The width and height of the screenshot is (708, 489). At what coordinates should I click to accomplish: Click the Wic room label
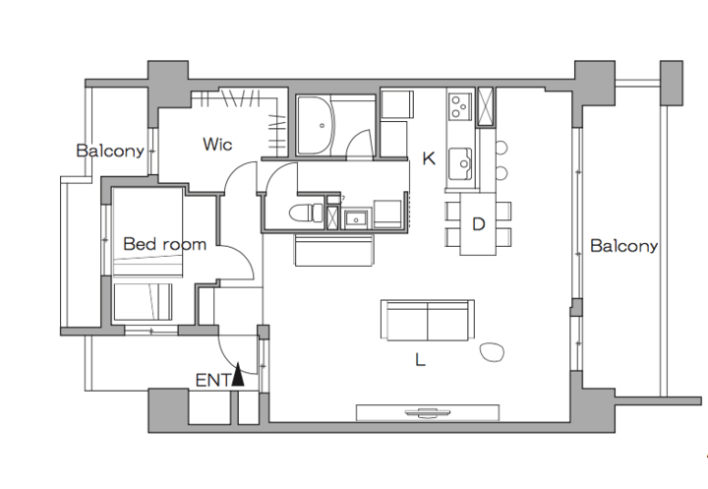[217, 145]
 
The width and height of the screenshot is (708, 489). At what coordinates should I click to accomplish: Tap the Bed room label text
[165, 244]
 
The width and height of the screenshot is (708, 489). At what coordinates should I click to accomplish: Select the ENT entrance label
[213, 381]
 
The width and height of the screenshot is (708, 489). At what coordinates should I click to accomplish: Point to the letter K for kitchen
[429, 158]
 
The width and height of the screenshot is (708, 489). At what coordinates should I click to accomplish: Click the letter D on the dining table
[479, 224]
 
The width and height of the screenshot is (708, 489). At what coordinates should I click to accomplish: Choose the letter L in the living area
[420, 360]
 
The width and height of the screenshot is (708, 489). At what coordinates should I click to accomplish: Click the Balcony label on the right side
[624, 246]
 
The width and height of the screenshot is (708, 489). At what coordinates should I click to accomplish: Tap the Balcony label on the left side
[110, 151]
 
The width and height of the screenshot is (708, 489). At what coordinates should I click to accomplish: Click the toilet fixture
[306, 213]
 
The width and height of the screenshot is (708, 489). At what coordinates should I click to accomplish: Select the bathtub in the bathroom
[316, 125]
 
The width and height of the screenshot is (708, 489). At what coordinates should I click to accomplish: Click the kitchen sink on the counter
[460, 163]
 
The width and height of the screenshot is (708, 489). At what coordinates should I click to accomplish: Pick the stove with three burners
[460, 106]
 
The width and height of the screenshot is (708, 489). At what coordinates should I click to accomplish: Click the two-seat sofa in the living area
[427, 320]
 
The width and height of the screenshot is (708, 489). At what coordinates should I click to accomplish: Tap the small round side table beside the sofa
[492, 352]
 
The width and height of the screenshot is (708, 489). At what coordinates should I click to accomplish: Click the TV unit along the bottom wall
[428, 412]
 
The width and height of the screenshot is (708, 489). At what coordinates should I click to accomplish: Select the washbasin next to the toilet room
[357, 218]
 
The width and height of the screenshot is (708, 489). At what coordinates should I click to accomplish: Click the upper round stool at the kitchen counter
[501, 148]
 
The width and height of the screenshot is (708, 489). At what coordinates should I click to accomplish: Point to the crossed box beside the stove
[486, 106]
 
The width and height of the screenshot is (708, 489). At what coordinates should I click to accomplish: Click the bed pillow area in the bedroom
[144, 301]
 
